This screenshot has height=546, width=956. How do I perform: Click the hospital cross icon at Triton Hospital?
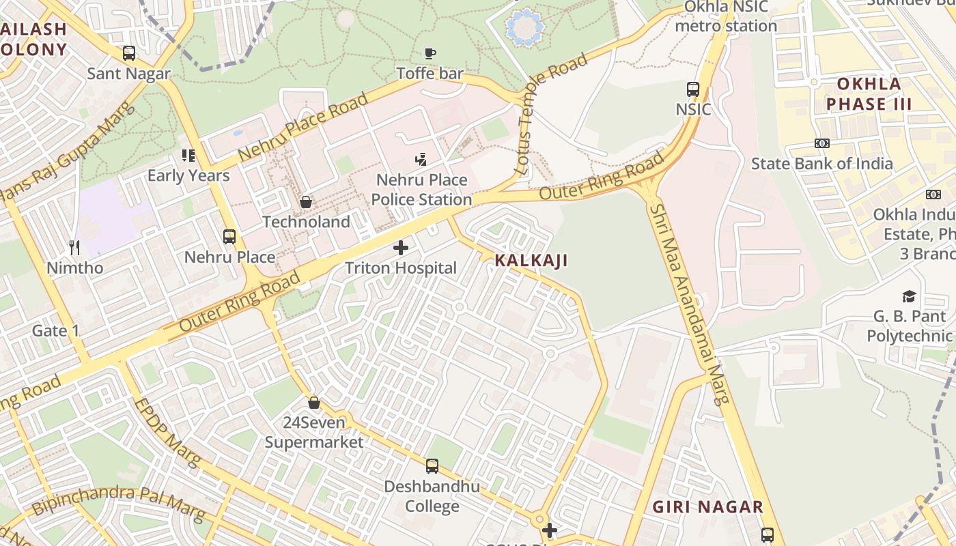[x=401, y=247]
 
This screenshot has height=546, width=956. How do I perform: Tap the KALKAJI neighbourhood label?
[x=531, y=260]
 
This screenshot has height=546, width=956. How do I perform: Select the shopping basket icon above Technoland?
[x=306, y=202]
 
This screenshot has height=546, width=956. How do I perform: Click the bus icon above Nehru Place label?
[x=229, y=237]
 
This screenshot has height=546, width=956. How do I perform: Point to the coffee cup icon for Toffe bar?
[x=430, y=53]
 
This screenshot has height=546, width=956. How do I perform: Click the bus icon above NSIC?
[x=693, y=89]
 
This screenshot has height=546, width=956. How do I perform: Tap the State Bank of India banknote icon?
[x=821, y=143]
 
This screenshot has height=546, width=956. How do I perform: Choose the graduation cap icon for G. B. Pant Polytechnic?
[x=909, y=296]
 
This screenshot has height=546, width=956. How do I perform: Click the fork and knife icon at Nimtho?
[x=75, y=247]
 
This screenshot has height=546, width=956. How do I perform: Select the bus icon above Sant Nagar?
[x=128, y=53]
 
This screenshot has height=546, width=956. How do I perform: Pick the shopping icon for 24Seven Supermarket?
[x=314, y=403]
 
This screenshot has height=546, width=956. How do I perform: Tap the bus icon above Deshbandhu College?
[x=432, y=466]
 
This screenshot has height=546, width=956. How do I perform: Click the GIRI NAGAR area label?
[x=707, y=507]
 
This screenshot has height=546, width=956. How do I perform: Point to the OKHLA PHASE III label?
[x=869, y=94]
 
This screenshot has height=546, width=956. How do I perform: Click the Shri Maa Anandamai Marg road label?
[x=689, y=304]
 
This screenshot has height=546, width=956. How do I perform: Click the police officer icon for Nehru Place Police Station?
[x=421, y=160]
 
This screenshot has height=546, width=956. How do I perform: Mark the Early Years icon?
[x=188, y=156]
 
